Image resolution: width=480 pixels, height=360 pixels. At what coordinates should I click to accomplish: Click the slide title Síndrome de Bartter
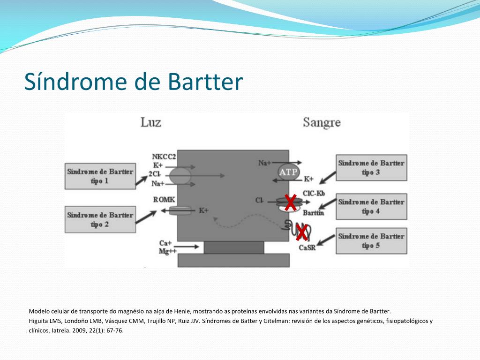click(134, 82)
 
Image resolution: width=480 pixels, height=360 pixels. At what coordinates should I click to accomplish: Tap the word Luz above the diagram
click(150, 122)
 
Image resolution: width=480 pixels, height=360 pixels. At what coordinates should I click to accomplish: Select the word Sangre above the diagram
click(322, 123)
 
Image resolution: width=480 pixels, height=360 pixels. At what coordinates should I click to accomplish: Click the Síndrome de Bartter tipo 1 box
click(100, 176)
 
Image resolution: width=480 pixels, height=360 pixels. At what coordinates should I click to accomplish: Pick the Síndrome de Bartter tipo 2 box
click(100, 219)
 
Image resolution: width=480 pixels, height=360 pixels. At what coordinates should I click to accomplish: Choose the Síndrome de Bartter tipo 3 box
click(371, 168)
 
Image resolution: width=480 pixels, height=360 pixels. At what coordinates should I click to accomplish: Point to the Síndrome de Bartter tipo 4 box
click(371, 207)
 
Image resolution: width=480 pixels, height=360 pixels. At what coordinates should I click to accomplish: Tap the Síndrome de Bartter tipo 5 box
click(371, 241)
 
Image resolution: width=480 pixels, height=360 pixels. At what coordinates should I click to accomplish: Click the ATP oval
click(288, 172)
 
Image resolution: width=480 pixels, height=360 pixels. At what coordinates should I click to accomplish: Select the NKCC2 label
click(164, 157)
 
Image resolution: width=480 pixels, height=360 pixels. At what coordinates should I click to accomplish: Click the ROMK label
click(164, 200)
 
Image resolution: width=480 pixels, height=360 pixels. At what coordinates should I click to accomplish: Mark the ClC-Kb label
click(314, 194)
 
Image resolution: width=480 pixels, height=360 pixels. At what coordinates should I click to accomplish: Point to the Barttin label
click(313, 213)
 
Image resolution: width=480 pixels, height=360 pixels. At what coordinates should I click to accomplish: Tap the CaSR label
click(307, 247)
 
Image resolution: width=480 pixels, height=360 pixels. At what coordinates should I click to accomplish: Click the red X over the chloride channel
click(290, 202)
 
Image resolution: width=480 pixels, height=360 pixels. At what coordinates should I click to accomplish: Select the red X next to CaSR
click(301, 232)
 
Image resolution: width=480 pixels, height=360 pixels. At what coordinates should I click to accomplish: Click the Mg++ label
click(168, 251)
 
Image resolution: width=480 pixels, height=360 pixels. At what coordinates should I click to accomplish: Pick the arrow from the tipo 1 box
click(142, 180)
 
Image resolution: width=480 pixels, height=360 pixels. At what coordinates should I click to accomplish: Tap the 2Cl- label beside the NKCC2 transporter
click(155, 174)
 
